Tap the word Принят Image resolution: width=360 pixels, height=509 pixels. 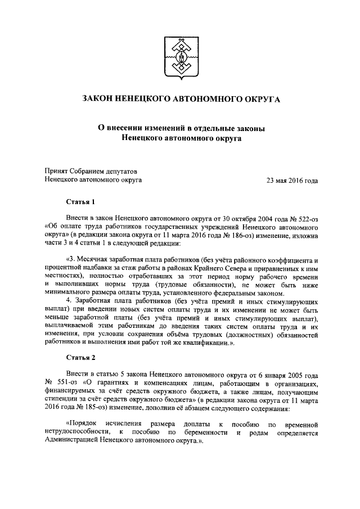pyautogui.click(x=57, y=171)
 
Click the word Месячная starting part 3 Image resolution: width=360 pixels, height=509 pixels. pyautogui.click(x=93, y=260)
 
